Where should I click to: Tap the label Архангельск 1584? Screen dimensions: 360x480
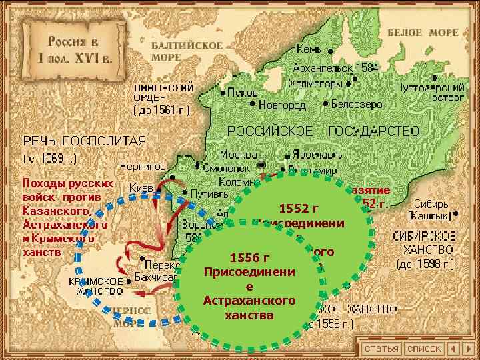pyautogui.click(x=327, y=67)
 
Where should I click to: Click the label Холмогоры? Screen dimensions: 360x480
pyautogui.click(x=316, y=84)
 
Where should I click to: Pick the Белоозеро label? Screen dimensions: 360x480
pyautogui.click(x=357, y=105)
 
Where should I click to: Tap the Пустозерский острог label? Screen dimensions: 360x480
pyautogui.click(x=431, y=92)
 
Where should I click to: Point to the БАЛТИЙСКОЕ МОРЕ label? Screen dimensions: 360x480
pyautogui.click(x=187, y=51)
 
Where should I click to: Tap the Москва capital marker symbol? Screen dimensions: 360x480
pyautogui.click(x=262, y=164)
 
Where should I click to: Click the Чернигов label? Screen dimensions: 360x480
pyautogui.click(x=142, y=165)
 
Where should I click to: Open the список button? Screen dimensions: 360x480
pyautogui.click(x=425, y=349)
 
